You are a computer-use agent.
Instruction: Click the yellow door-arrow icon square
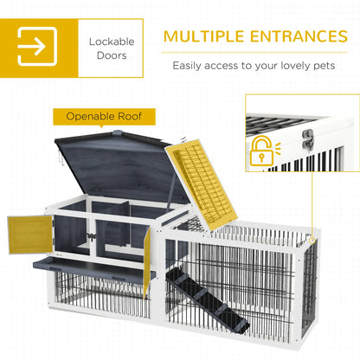37,45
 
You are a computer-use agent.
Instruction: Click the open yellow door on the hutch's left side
29,234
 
